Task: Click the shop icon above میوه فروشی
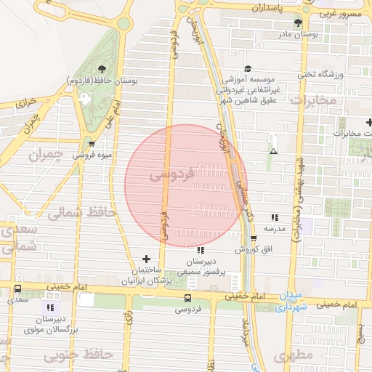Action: pyautogui.click(x=90, y=144)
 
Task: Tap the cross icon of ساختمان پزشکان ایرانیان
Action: pyautogui.click(x=147, y=259)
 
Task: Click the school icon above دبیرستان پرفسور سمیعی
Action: pyautogui.click(x=201, y=251)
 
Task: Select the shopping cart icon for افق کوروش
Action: pyautogui.click(x=254, y=239)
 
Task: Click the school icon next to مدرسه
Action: pyautogui.click(x=274, y=217)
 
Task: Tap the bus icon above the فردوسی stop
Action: pyautogui.click(x=189, y=298)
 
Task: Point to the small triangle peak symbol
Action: pyautogui.click(x=273, y=151)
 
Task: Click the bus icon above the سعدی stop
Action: pyautogui.click(x=17, y=289)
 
